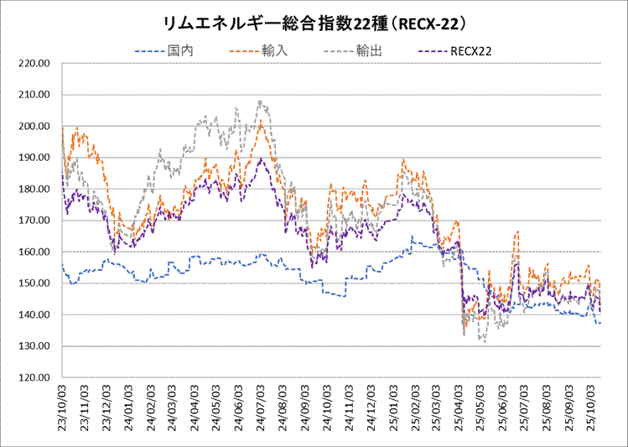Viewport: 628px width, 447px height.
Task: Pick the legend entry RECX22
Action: click(x=470, y=51)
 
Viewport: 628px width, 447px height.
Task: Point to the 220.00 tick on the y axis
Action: click(x=34, y=64)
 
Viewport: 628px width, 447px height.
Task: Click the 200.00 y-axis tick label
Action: click(x=34, y=127)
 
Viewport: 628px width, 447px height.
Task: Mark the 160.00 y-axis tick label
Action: click(x=34, y=252)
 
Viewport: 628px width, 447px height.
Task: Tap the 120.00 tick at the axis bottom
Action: click(x=34, y=378)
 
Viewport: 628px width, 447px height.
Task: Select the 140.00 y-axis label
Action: click(x=34, y=315)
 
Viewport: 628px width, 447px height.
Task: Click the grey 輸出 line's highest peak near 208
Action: click(x=262, y=101)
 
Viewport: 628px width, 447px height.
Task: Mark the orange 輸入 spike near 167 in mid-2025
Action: click(x=518, y=231)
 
